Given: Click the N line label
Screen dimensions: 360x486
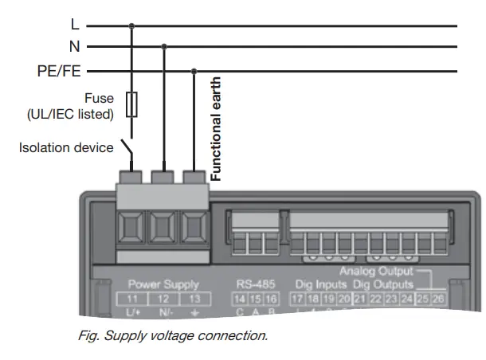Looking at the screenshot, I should pyautogui.click(x=74, y=47).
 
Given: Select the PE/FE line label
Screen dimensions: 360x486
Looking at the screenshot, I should pyautogui.click(x=59, y=70).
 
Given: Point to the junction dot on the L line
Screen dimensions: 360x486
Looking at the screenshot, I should pyautogui.click(x=132, y=25).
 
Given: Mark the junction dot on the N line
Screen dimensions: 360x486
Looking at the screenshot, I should pyautogui.click(x=164, y=47).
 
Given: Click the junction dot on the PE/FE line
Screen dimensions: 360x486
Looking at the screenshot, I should pyautogui.click(x=194, y=70).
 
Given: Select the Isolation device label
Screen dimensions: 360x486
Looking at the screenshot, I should pyautogui.click(x=65, y=148).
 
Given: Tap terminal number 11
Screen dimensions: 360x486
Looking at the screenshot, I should pyautogui.click(x=132, y=299).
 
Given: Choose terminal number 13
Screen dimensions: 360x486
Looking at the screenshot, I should pyautogui.click(x=194, y=299).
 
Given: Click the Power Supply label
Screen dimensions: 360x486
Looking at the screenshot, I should pyautogui.click(x=163, y=284).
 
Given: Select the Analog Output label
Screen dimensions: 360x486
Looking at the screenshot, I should pyautogui.click(x=376, y=272).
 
